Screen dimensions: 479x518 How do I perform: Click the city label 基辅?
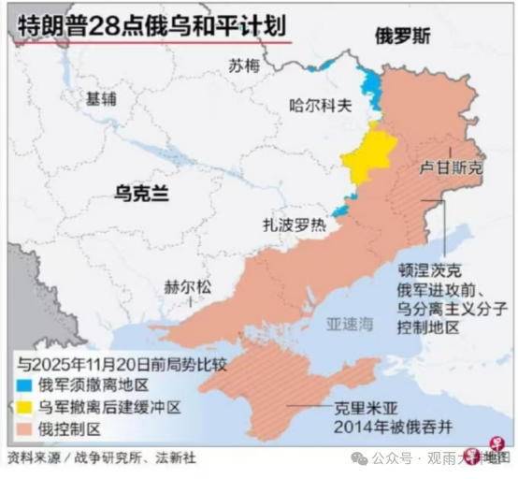tap(101, 97)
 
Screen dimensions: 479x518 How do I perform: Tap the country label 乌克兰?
tap(141, 193)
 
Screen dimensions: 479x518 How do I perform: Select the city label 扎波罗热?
tap(294, 225)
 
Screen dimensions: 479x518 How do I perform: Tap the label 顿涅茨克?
tap(428, 271)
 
